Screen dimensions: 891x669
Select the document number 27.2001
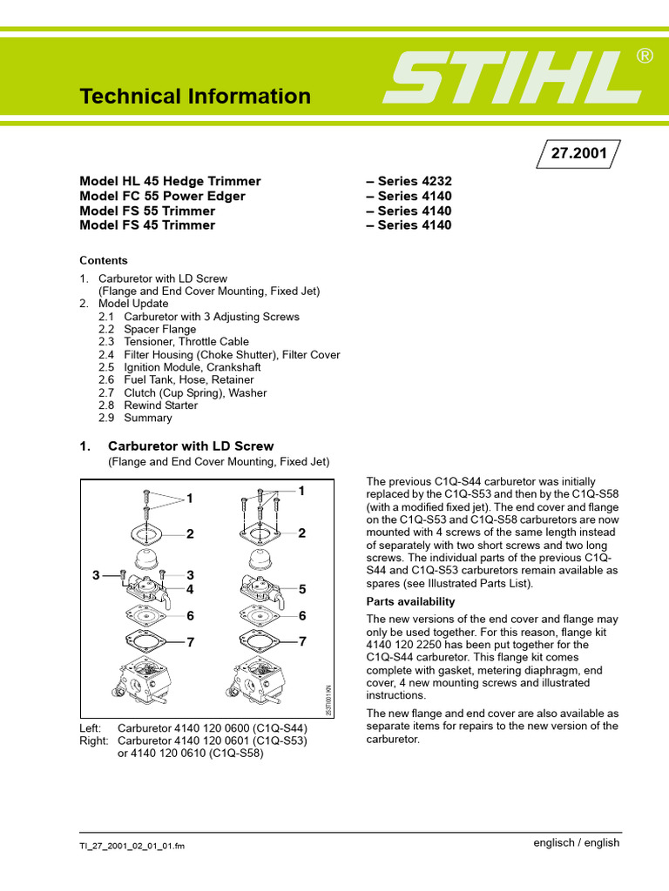tap(579, 153)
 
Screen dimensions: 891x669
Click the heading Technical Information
tap(195, 96)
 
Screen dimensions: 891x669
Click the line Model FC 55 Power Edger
tap(162, 196)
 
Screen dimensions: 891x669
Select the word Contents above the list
tap(103, 260)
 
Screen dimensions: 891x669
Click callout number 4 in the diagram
tap(189, 588)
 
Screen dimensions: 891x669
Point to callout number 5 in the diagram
tap(302, 589)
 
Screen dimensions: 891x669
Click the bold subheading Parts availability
tap(410, 601)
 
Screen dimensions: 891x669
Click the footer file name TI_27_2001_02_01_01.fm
tap(132, 846)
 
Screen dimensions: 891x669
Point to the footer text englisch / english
tap(576, 842)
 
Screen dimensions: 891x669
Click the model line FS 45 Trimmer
tap(147, 225)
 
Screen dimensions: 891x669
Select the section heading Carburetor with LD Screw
tap(190, 446)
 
